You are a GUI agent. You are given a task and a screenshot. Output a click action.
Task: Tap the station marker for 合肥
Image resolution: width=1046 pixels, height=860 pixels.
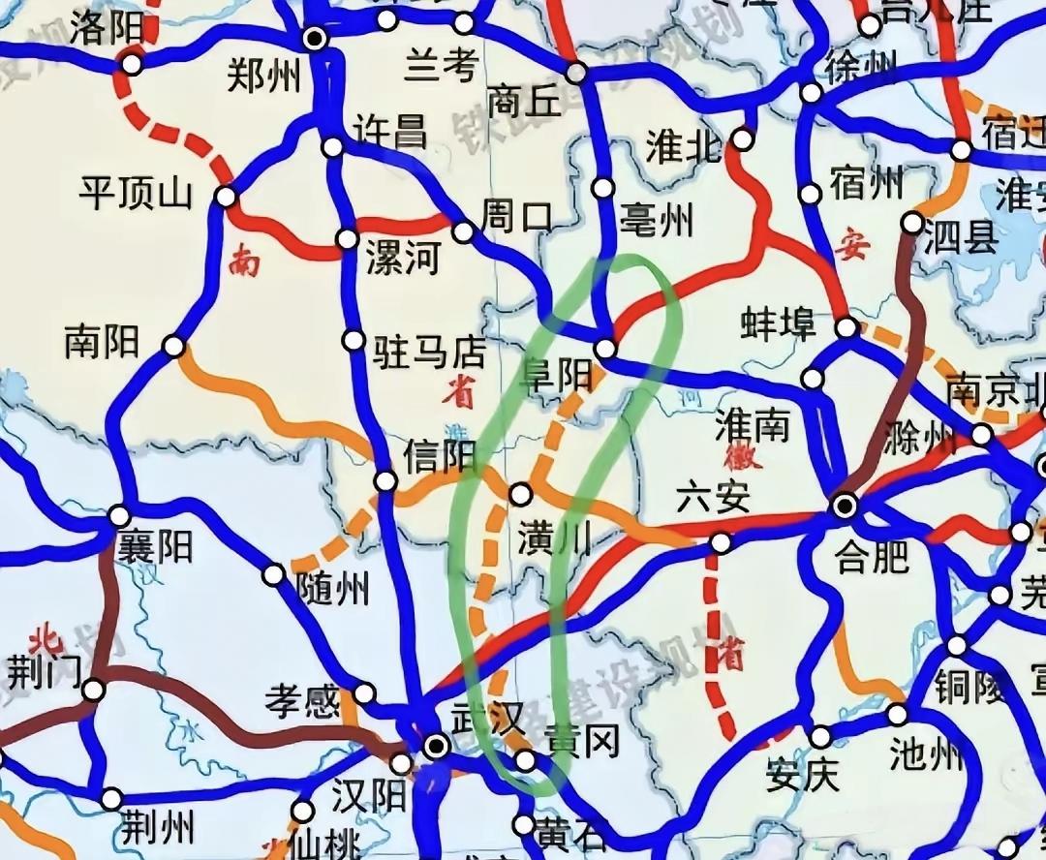pos(845,505)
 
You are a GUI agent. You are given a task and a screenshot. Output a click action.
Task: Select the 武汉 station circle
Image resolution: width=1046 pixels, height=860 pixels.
pos(437,745)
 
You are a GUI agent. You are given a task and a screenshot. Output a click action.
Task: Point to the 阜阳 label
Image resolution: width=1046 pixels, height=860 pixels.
pos(557,374)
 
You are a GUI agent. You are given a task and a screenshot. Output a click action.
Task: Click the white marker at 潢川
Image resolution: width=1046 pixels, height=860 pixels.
pos(520,494)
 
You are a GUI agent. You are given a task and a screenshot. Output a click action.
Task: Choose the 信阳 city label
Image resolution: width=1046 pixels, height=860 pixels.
pos(441,456)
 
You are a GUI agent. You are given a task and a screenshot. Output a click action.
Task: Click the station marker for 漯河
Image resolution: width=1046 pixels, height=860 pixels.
pos(346,238)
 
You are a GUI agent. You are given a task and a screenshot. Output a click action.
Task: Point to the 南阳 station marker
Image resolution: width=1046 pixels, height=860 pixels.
pos(173,346)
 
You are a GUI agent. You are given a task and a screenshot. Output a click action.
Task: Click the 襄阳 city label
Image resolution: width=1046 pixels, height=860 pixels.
pos(155,547)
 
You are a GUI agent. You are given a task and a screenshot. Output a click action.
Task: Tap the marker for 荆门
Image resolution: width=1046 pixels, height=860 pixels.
pos(93,691)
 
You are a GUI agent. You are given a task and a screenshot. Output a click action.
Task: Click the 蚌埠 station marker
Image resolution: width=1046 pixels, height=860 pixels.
pos(846,327)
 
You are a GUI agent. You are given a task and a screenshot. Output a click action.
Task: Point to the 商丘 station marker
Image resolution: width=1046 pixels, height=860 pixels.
pos(576,73)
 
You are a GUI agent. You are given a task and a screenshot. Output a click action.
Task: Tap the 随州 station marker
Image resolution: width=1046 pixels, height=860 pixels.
pos(274,575)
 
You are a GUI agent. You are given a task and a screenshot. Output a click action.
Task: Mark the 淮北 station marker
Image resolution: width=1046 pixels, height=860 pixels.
pos(743,138)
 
